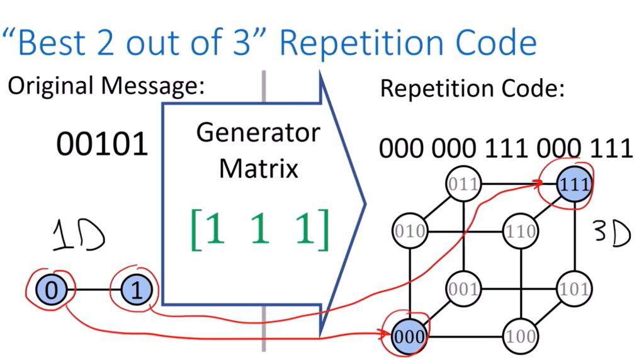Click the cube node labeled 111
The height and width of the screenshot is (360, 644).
(x=574, y=184)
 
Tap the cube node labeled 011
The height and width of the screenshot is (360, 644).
(x=463, y=184)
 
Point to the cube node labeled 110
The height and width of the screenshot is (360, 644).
(x=520, y=231)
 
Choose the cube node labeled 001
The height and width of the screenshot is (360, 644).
(x=463, y=290)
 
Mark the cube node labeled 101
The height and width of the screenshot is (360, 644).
(x=574, y=290)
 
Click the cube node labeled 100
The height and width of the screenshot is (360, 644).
(x=520, y=335)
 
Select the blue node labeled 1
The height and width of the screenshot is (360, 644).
(x=133, y=290)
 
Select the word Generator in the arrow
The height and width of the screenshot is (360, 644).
(x=258, y=133)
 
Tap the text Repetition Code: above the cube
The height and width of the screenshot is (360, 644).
(x=471, y=89)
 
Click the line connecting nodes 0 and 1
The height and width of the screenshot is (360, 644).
(x=93, y=290)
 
